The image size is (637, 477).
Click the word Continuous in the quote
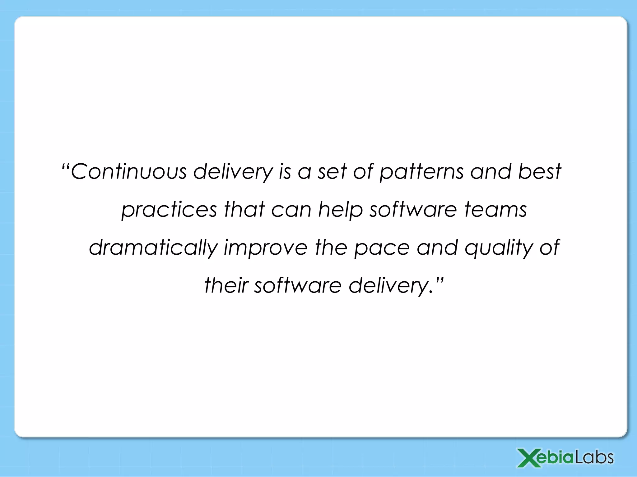pyautogui.click(x=129, y=171)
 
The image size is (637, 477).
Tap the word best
pyautogui.click(x=539, y=171)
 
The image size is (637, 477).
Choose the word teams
pyautogui.click(x=496, y=210)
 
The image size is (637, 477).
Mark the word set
pyautogui.click(x=332, y=172)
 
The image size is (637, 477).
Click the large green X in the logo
pyautogui.click(x=528, y=458)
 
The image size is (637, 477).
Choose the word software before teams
pyautogui.click(x=413, y=210)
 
